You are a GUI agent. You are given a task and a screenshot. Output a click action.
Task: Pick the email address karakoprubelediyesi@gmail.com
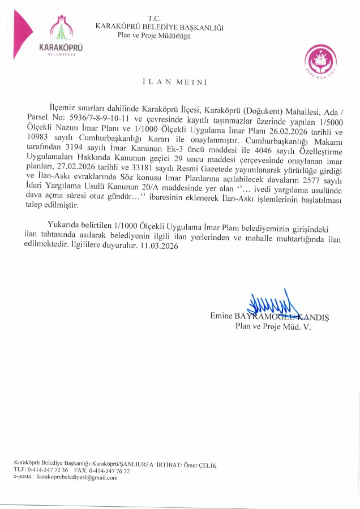78,478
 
